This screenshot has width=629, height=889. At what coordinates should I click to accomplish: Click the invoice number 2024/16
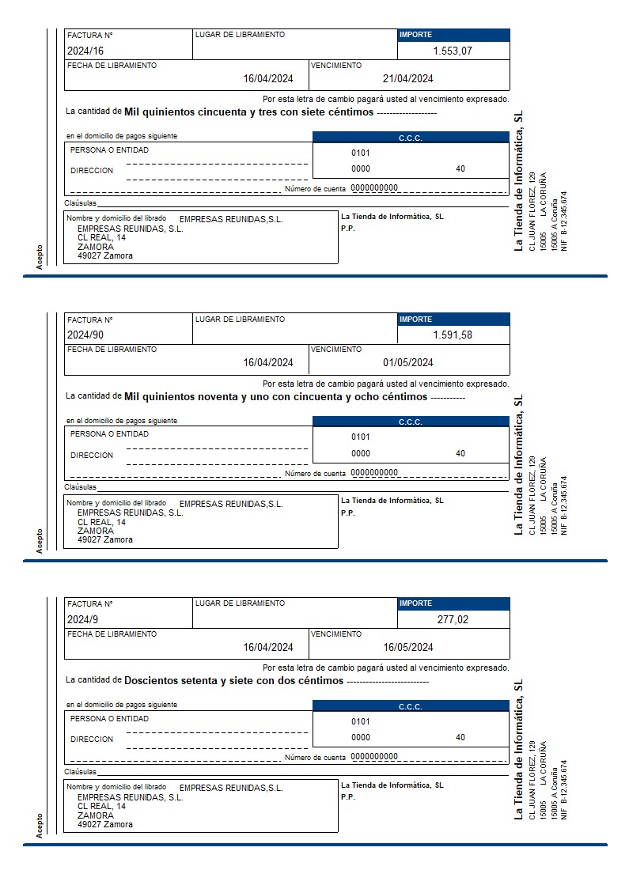point(83,51)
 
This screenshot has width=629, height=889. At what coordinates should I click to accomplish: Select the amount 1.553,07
point(453,51)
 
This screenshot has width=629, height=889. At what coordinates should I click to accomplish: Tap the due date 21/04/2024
point(407,78)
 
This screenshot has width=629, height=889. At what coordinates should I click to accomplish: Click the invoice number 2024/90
point(83,335)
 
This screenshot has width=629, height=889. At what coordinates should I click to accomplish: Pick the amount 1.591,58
point(453,335)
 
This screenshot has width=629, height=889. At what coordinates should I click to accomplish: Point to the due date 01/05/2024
point(407,363)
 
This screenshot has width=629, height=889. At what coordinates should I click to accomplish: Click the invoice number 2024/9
point(81,619)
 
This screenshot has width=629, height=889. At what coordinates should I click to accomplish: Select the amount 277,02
point(453,619)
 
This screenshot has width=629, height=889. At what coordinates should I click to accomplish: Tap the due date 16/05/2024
point(407,647)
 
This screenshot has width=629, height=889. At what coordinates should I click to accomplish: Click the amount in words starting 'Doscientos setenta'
point(234,680)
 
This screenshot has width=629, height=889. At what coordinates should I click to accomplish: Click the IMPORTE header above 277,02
point(416,603)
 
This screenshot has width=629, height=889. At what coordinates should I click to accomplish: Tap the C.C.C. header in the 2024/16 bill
point(411,138)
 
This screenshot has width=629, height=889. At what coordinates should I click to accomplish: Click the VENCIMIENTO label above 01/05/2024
point(336,350)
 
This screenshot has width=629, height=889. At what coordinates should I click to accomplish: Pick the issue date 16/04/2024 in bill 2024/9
point(268,647)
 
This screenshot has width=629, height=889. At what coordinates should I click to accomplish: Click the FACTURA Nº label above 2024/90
point(90,320)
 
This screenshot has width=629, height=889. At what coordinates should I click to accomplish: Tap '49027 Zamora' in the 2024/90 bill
point(105,540)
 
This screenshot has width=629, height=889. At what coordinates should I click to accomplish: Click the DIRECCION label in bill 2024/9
point(92,739)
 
